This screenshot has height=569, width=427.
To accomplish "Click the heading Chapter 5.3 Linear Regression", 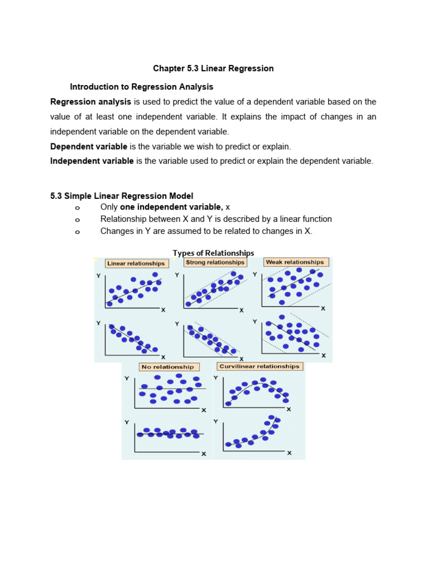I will coord(213,68).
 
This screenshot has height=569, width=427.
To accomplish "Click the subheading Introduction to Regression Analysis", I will coord(141,87).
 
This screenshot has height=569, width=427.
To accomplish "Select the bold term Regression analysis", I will coord(91,102).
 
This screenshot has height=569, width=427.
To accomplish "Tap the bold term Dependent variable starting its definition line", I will coord(89,147).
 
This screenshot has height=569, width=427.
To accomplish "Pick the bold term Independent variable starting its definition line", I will coord(92,161).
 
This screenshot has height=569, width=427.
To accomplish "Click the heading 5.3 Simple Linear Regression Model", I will coord(122,196).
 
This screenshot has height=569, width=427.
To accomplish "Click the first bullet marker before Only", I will coord(77,208).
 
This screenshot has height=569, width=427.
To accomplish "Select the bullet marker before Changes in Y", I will coord(77,232).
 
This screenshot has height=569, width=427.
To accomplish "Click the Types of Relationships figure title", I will coord(213,253).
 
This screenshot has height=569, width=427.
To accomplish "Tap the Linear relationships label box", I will coord(136,263).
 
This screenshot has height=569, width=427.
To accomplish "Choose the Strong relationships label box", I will coord(215,262).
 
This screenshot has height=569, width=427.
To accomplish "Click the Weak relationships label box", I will coord(295,262).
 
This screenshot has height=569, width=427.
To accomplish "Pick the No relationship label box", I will coord(167,367).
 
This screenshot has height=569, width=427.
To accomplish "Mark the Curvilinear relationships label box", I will coord(259,367).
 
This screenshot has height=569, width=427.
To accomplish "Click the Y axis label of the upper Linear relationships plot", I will coord(98,276).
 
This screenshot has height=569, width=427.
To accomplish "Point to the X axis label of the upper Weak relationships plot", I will coord(322,308).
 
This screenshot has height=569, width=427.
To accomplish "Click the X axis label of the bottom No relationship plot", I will coord(203,454).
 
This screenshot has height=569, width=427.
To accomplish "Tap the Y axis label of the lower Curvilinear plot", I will coord(216,422).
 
